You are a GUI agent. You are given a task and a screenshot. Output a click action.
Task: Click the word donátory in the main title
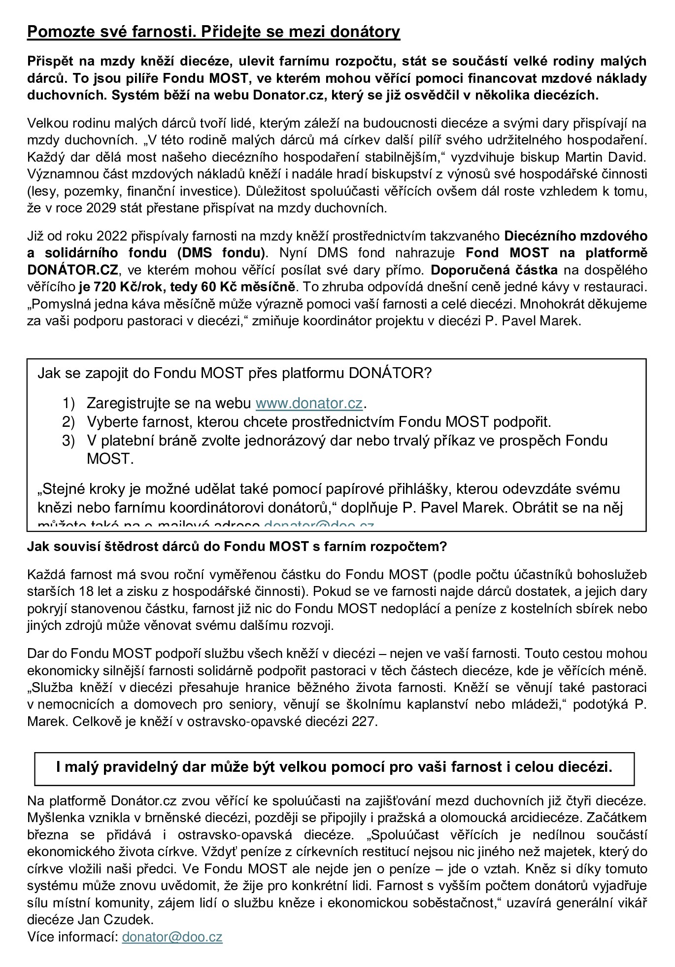tap(366, 32)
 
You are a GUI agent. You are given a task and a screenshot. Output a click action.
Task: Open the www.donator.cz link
tap(309, 403)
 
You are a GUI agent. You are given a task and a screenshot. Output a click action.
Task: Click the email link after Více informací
tap(172, 937)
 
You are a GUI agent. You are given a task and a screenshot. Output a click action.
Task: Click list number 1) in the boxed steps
tap(68, 403)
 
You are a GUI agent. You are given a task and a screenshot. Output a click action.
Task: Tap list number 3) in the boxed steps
tap(68, 440)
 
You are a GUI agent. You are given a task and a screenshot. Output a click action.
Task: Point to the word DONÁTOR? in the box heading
tap(390, 373)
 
